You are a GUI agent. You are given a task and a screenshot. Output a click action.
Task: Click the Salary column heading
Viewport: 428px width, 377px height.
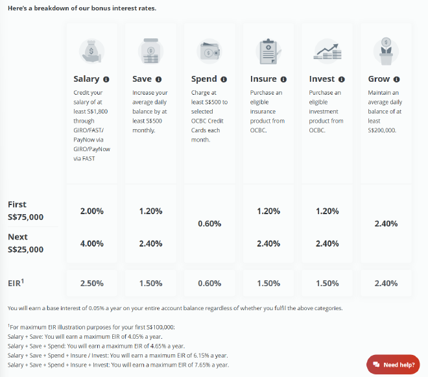pyautogui.click(x=86, y=79)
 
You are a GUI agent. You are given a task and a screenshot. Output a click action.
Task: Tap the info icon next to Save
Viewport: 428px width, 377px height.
pyautogui.click(x=158, y=79)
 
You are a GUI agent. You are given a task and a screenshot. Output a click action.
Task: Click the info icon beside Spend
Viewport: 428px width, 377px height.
pyautogui.click(x=224, y=79)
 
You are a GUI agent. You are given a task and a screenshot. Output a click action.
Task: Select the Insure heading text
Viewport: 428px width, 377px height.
pyautogui.click(x=263, y=79)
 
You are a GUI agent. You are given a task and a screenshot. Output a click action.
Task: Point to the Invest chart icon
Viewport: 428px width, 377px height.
pyautogui.click(x=327, y=50)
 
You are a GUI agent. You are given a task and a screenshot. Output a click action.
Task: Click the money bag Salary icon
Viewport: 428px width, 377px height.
pyautogui.click(x=91, y=50)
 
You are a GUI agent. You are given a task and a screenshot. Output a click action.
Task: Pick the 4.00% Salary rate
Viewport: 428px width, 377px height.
pyautogui.click(x=91, y=243)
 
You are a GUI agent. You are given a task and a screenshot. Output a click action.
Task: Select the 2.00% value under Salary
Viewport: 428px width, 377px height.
pyautogui.click(x=91, y=211)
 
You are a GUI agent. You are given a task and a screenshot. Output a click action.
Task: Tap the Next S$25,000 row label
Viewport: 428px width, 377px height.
pyautogui.click(x=25, y=243)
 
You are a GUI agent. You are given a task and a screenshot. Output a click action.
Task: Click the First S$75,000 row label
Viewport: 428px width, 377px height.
pyautogui.click(x=25, y=210)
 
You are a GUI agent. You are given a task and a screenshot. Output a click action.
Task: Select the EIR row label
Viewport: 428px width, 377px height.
pyautogui.click(x=17, y=284)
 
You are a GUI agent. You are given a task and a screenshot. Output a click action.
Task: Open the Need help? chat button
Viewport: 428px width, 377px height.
pyautogui.click(x=393, y=365)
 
